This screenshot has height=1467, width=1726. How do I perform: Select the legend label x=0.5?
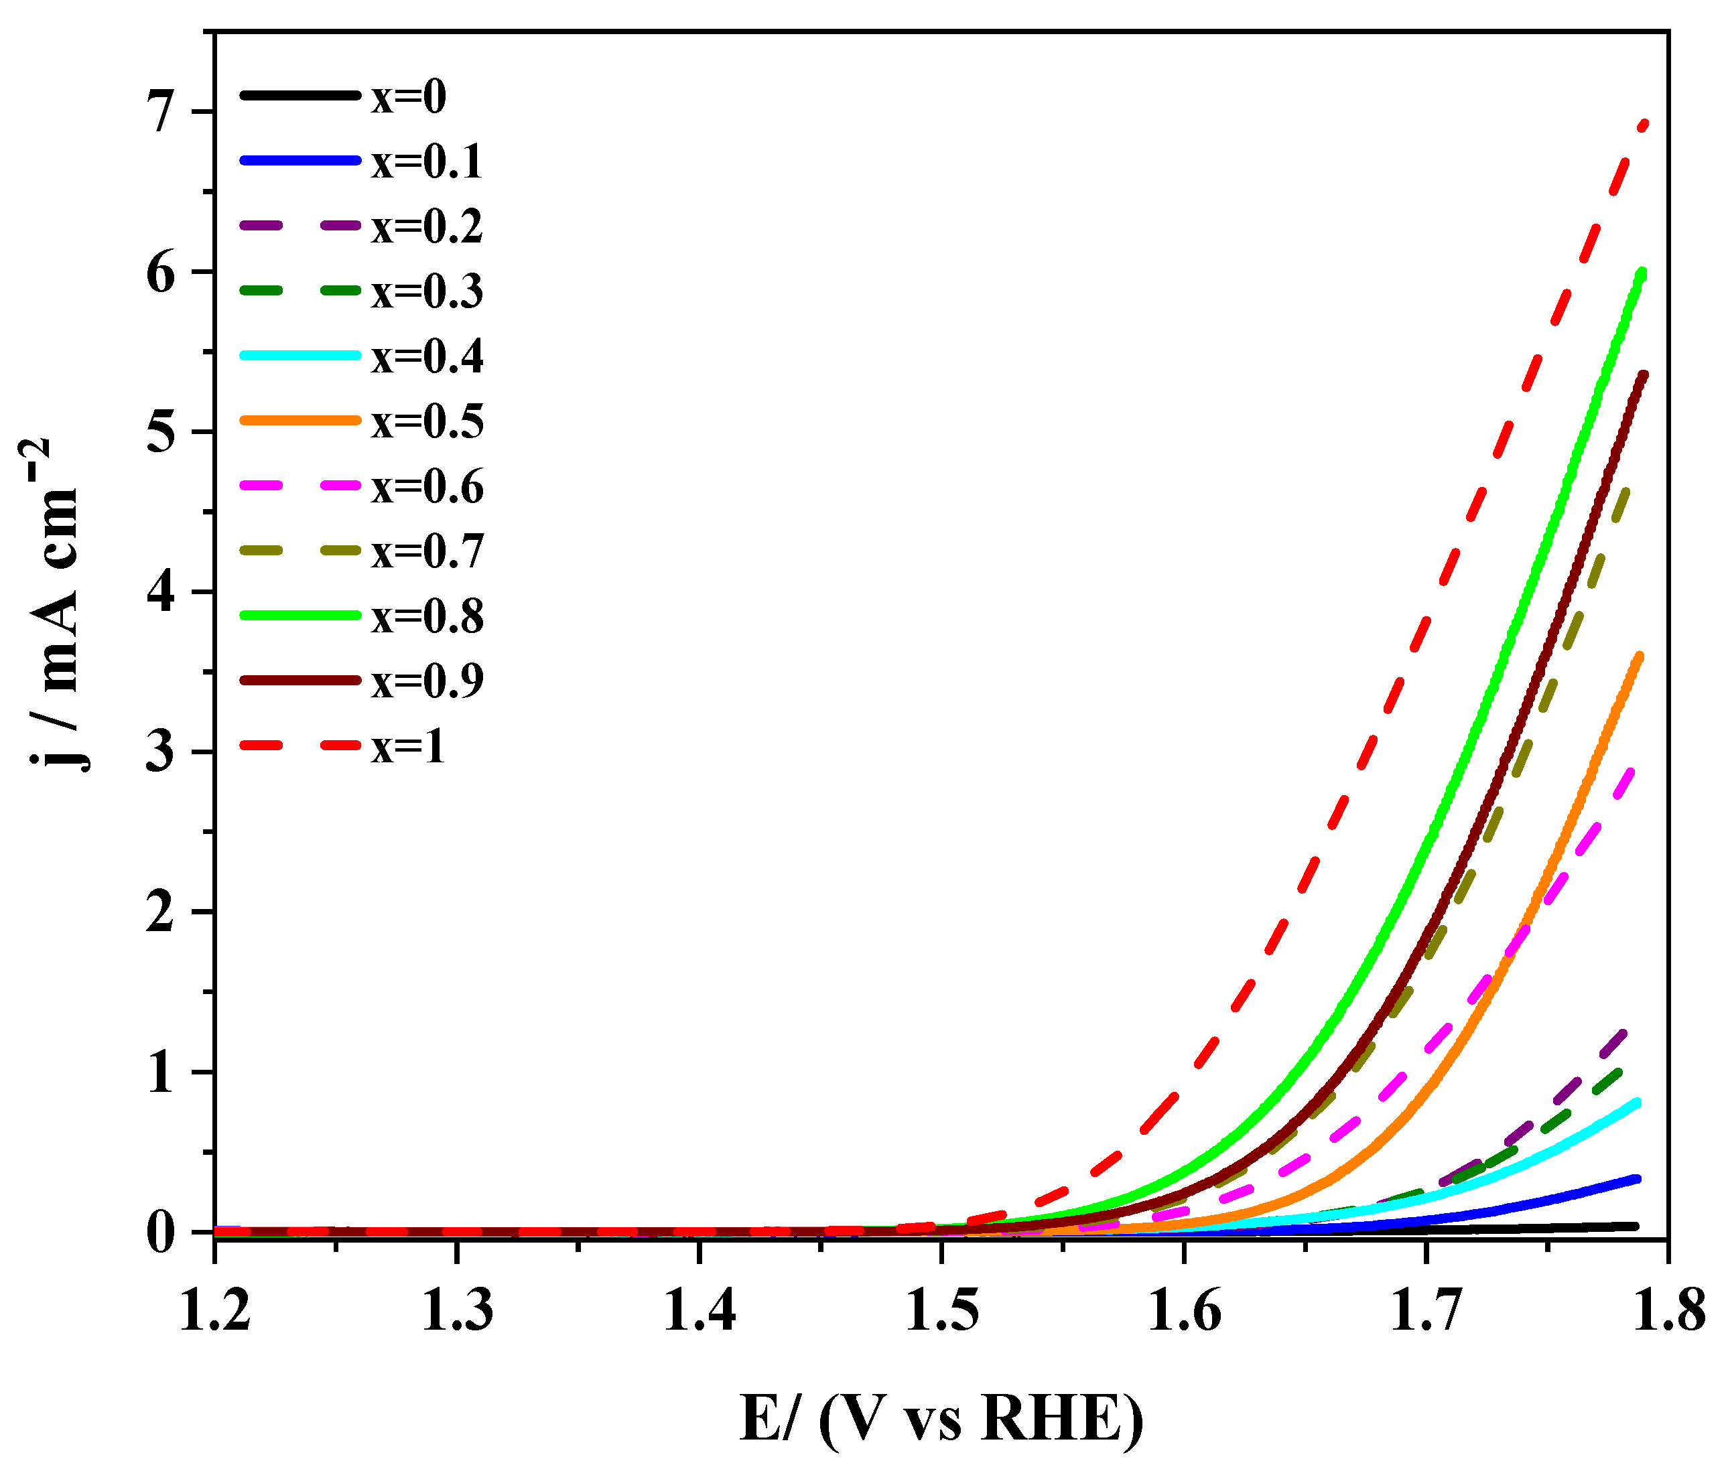(427, 421)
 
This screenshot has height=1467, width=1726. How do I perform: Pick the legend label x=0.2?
(427, 226)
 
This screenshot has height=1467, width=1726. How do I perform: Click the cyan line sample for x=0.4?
(300, 355)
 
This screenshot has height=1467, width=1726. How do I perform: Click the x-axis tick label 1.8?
(1668, 1312)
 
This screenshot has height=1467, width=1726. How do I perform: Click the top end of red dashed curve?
(1644, 124)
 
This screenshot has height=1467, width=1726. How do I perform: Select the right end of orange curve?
(1640, 657)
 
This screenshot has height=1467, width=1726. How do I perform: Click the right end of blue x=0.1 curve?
(1637, 1178)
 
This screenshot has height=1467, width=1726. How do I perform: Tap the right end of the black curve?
(1636, 1226)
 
